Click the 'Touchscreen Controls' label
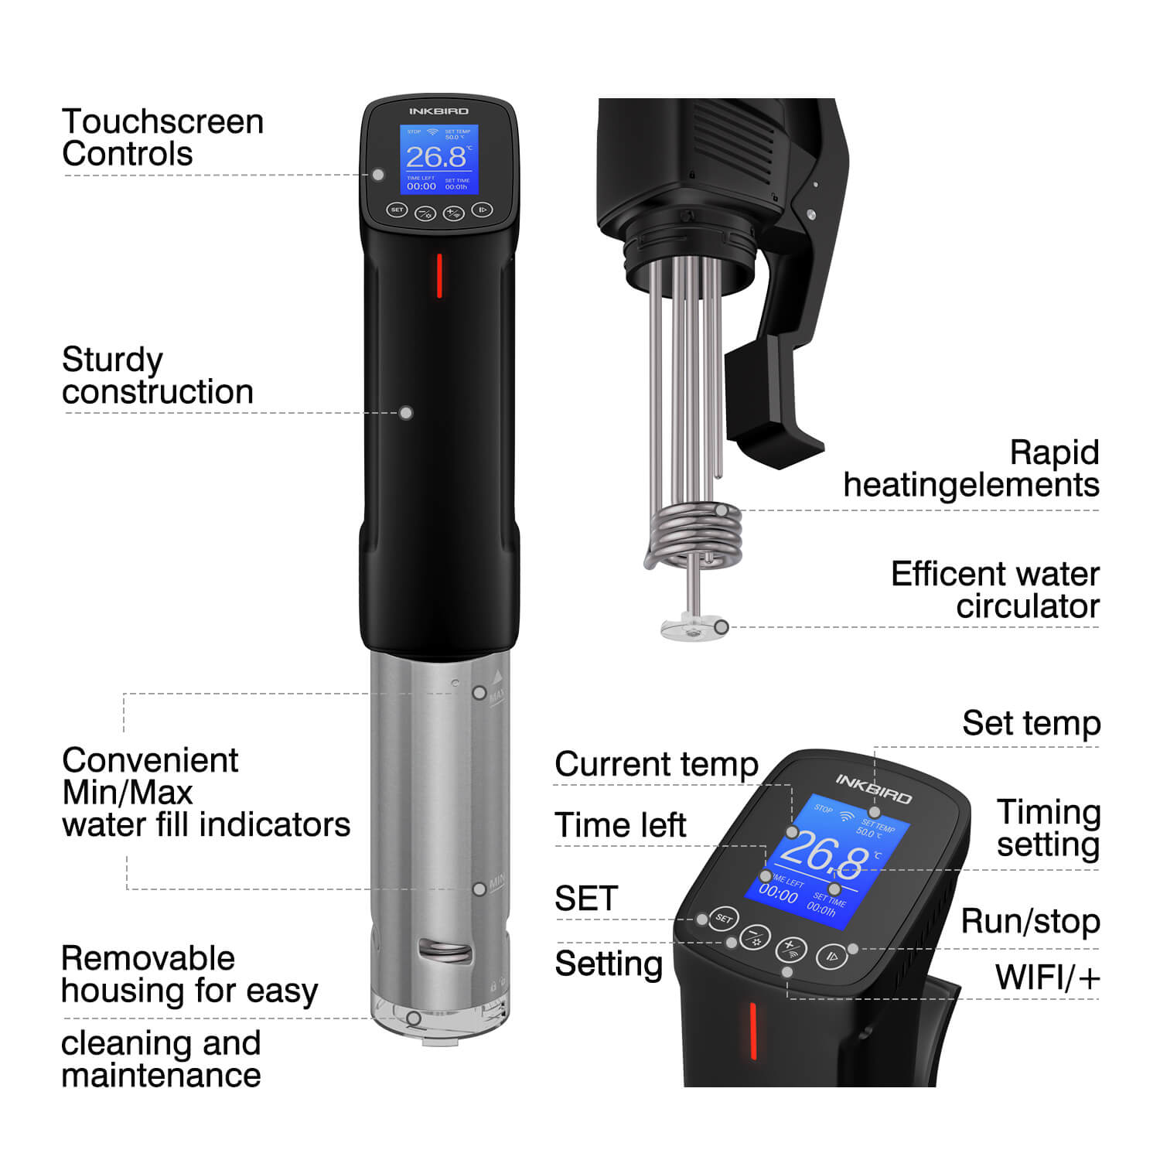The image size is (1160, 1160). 162,138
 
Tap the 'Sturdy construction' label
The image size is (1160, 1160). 158,376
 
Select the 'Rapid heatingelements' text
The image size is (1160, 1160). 971,469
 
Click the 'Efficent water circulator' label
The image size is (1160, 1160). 995,590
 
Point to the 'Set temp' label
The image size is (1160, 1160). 1031,724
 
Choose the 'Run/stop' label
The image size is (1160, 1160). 1030,921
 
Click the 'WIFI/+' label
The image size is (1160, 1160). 1047,977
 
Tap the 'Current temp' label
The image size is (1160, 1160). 657,764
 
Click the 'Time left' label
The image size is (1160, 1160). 620,825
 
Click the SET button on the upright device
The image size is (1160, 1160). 397,210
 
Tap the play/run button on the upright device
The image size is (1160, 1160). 482,210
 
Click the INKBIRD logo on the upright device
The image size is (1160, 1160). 438,111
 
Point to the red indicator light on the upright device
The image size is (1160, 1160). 439,275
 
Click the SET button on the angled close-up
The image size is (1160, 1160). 723,919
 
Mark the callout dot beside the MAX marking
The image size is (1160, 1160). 479,693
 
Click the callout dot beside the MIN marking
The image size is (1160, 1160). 479,889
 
